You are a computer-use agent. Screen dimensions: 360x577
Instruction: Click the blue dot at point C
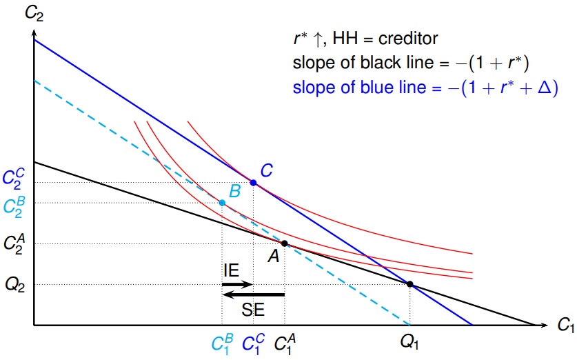pos(253,183)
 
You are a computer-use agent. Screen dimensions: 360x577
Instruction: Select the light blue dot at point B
pos(222,203)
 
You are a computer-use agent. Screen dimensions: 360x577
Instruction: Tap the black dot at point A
pos(284,243)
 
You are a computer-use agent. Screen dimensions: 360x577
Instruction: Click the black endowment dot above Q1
pos(409,284)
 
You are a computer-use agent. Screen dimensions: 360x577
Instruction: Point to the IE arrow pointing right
pos(238,284)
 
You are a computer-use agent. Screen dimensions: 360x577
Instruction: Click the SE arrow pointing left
pos(253,295)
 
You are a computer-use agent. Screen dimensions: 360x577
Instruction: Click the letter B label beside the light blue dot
pos(234,191)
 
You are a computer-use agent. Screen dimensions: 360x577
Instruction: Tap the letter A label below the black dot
pos(274,257)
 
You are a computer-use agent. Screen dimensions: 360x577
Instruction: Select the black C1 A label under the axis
pos(283,342)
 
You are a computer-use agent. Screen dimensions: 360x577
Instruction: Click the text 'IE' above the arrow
pos(231,270)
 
